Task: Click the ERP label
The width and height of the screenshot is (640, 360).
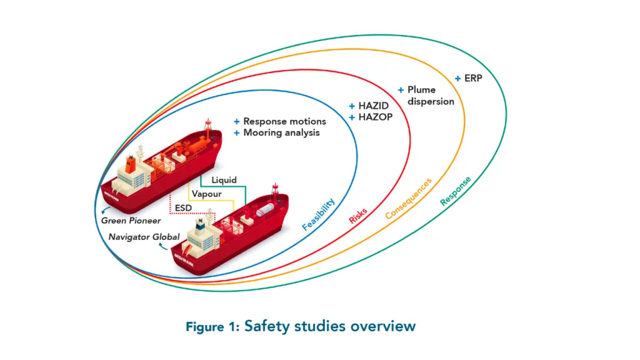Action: pyautogui.click(x=474, y=79)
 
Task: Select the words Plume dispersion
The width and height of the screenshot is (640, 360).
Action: pyautogui.click(x=430, y=96)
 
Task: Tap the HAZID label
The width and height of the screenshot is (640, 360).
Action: pyautogui.click(x=374, y=106)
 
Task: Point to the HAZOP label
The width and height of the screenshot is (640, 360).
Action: pyautogui.click(x=375, y=117)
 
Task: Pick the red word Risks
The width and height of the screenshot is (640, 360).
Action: pyautogui.click(x=357, y=215)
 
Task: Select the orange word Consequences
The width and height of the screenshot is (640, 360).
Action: pyautogui.click(x=408, y=199)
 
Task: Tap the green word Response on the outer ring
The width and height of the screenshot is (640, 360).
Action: pyautogui.click(x=456, y=191)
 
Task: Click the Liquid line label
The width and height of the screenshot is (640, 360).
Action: pyautogui.click(x=223, y=180)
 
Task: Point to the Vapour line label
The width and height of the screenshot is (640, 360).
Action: pyautogui.click(x=204, y=194)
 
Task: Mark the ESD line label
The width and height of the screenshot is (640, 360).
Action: pyautogui.click(x=184, y=207)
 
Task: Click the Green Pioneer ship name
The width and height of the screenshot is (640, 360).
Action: pyautogui.click(x=131, y=221)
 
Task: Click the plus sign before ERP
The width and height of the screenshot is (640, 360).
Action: pyautogui.click(x=458, y=79)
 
